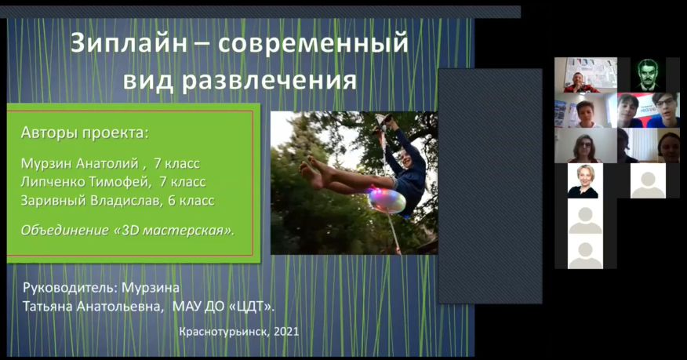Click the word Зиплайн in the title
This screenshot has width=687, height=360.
[x=129, y=43]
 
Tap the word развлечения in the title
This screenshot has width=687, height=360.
[x=269, y=80]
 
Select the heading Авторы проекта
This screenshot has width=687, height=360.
[x=85, y=133]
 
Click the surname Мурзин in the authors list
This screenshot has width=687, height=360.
[x=46, y=163]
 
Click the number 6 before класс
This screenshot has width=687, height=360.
[x=173, y=201]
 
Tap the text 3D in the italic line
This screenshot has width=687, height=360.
[x=130, y=230]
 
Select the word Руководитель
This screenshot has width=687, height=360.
[x=70, y=288]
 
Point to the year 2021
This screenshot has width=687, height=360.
[x=286, y=332]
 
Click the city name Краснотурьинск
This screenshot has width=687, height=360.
[x=224, y=332]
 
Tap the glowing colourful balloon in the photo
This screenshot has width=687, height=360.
[x=387, y=201]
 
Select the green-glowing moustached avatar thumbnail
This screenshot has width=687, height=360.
[x=649, y=75]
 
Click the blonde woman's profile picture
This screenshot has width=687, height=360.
[x=585, y=181]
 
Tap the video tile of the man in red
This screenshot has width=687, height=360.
[x=586, y=75]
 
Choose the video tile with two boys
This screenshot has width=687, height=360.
[x=649, y=110]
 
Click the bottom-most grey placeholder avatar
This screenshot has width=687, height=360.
[x=585, y=252]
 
